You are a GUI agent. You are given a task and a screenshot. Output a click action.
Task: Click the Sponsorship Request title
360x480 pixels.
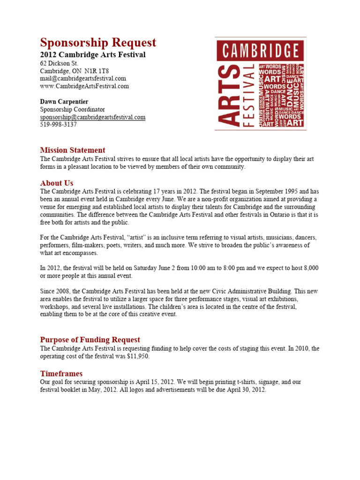[98, 43]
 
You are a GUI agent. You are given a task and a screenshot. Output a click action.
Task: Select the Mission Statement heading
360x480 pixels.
[73, 150]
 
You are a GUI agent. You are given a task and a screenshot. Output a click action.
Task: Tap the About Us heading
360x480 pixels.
[57, 183]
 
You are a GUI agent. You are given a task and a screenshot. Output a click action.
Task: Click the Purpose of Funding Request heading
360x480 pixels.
[90, 339]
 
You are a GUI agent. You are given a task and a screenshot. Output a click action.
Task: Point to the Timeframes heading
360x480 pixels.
[61, 374]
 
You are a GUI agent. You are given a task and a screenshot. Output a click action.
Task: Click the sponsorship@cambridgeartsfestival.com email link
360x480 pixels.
[93, 117]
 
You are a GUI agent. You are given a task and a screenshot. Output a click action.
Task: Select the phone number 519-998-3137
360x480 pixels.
[59, 125]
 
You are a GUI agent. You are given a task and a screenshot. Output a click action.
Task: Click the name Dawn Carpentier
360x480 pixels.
[64, 102]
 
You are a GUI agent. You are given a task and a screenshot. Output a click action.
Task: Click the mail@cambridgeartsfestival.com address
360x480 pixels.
[83, 78]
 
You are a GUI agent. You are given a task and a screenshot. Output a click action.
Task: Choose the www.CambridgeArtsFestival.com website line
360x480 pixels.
[84, 86]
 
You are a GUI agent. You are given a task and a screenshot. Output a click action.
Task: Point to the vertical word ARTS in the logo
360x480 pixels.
[228, 96]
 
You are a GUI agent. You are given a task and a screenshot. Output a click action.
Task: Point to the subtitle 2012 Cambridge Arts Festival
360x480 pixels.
[93, 55]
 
